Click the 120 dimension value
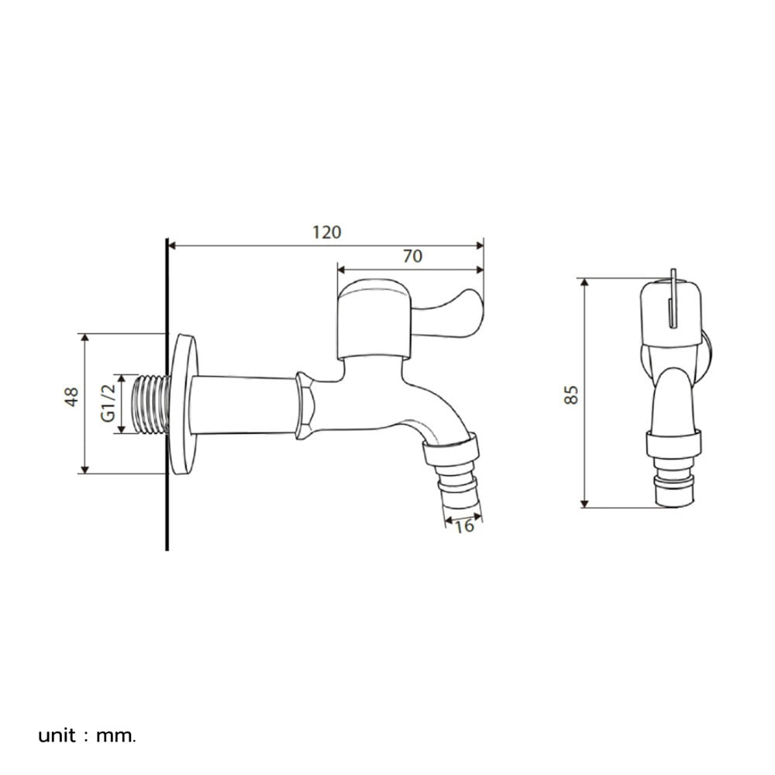tap(327, 232)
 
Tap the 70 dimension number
tap(413, 256)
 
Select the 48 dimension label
tap(71, 397)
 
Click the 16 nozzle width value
tap(464, 527)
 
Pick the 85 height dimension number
tap(571, 395)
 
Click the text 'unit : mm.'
tap(87, 736)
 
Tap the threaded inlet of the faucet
tap(151, 405)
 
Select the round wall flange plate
tap(184, 404)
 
